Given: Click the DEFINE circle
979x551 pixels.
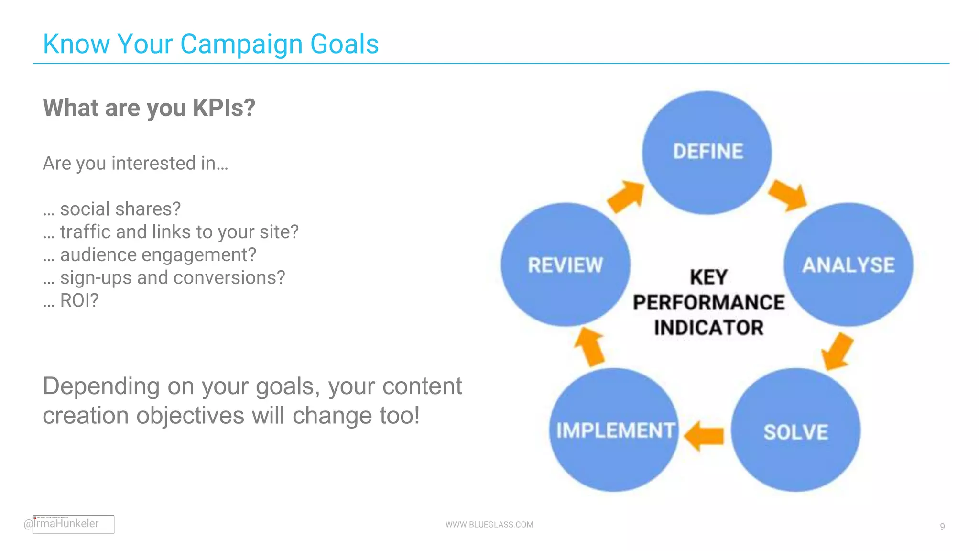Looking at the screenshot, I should pos(707,152).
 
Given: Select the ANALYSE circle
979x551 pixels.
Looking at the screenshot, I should pos(848,264).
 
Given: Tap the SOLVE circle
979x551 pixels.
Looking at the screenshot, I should pos(795,430).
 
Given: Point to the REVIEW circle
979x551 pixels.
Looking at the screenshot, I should pos(566,264).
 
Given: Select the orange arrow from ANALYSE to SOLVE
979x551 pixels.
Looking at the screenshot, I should pos(837,352).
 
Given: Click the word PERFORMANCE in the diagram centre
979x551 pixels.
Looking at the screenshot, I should pos(708,302).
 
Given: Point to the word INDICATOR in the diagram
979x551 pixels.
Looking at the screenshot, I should pos(708,328).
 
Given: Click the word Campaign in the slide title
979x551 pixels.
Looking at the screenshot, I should pos(242,44).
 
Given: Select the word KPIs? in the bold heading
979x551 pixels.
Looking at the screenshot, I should pos(224,108).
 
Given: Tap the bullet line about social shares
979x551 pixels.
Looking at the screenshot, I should pos(112,209).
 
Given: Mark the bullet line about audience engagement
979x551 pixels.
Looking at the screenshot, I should pos(150,255).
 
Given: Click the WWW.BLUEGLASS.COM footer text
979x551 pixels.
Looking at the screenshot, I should pos(489,524).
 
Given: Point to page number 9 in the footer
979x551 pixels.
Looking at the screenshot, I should pos(942,527).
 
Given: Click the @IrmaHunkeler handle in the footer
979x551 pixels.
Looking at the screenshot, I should pos(62,524).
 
